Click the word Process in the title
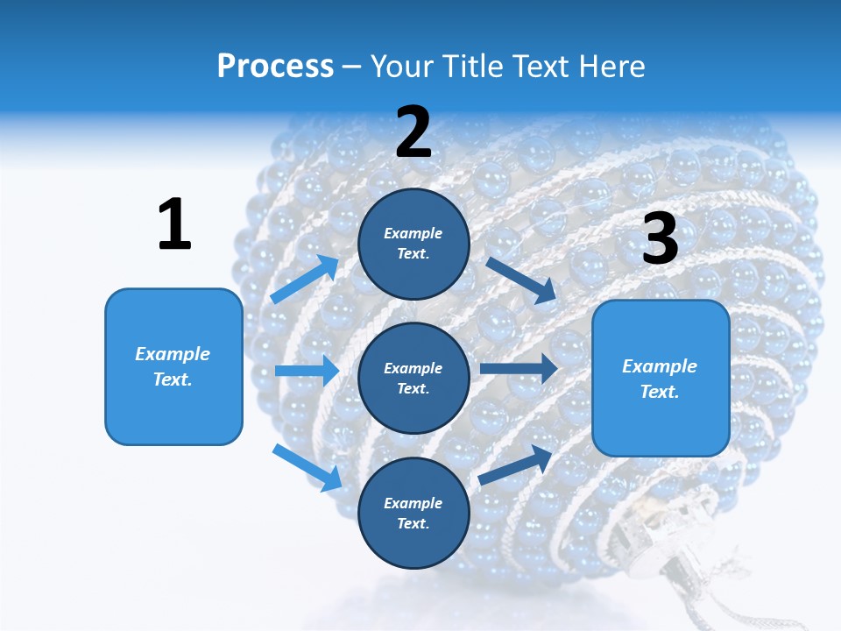tap(275, 66)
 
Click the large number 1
tap(174, 225)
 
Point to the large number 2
tap(413, 132)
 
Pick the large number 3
tap(660, 238)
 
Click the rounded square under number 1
tap(173, 366)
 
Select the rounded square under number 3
tap(661, 379)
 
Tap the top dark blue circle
tap(413, 244)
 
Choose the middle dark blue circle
tap(413, 378)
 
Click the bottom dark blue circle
tap(413, 513)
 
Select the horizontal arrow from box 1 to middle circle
tap(307, 371)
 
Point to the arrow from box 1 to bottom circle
tap(307, 467)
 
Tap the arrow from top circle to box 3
tap(520, 280)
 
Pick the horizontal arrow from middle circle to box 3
tap(519, 368)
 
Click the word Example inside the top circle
tap(413, 234)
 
